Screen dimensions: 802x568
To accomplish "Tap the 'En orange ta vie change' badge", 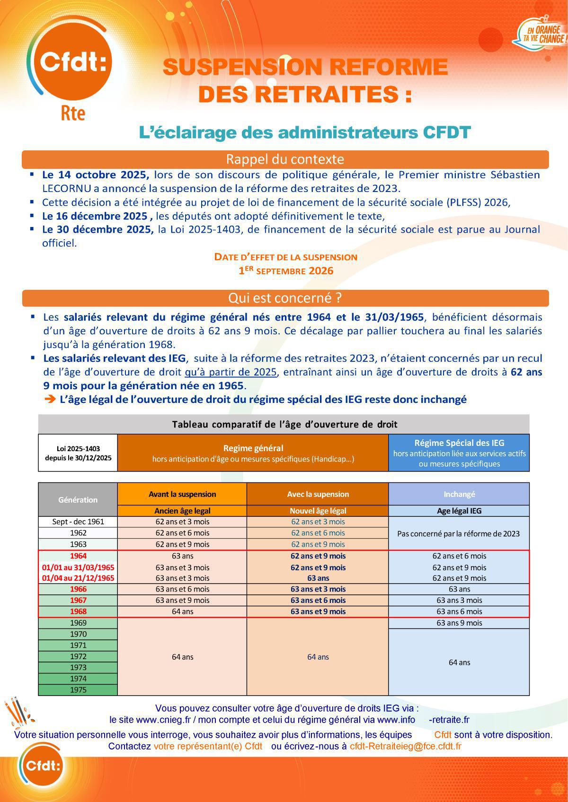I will (540, 33).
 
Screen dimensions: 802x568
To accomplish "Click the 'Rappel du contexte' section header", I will (285, 159).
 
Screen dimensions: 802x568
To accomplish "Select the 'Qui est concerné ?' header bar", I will (285, 298).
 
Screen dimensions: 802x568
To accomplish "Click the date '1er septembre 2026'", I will (286, 271).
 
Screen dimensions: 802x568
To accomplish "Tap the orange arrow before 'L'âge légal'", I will (50, 400).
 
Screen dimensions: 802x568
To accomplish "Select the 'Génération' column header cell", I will (78, 499).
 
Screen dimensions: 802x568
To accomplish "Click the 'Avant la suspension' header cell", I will (182, 494).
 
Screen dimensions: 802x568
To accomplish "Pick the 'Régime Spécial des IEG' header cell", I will (459, 453).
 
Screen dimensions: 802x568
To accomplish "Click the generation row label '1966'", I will (78, 589).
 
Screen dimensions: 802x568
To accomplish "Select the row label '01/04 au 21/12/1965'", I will (78, 578).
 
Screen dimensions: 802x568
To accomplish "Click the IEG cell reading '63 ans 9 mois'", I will (459, 623).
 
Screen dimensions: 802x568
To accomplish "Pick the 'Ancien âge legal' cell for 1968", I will (182, 611).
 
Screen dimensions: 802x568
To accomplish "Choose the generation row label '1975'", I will (78, 690).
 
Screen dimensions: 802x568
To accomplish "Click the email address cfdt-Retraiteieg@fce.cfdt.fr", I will (405, 746).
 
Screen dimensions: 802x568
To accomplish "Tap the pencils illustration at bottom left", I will (19, 713).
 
